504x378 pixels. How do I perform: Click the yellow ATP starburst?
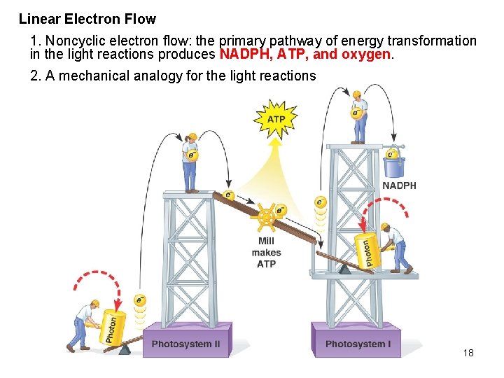276,119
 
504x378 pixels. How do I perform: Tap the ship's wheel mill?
267,218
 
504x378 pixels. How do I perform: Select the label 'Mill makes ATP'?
266,253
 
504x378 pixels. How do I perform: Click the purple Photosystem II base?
185,343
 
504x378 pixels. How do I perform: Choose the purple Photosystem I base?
358,343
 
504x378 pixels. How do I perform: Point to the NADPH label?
399,185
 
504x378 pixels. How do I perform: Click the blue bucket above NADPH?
394,166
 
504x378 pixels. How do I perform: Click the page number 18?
468,353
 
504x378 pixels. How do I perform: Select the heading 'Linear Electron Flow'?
87,19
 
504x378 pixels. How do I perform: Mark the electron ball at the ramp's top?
228,195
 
